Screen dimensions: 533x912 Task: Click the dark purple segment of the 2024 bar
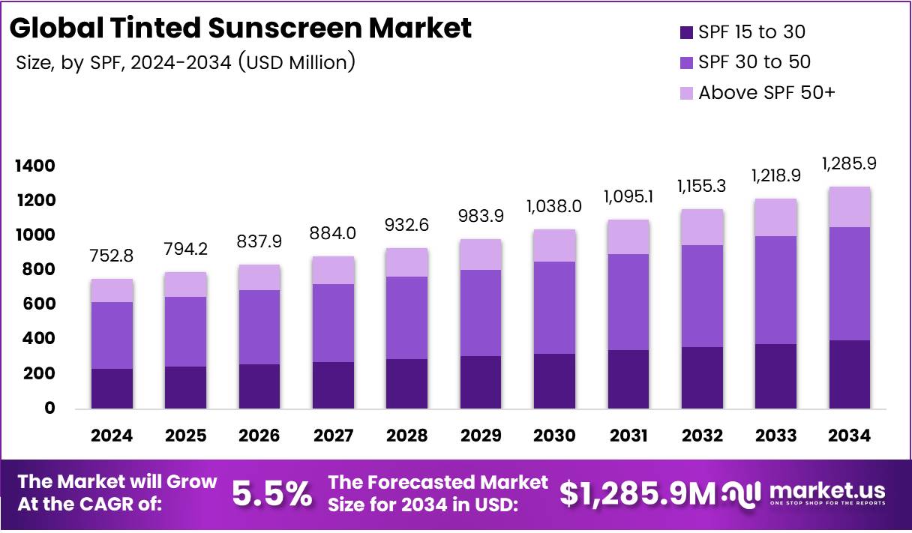[112, 388]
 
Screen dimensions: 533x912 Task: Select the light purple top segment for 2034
[850, 207]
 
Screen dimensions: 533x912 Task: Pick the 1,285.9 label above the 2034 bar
[850, 163]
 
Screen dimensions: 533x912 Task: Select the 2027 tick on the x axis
[334, 436]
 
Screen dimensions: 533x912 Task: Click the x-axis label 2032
[703, 436]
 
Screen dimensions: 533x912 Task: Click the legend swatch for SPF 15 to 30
[686, 32]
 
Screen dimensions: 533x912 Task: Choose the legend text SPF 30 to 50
[754, 62]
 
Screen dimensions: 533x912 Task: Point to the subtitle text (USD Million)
[297, 62]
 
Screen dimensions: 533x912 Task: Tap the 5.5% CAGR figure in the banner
[271, 493]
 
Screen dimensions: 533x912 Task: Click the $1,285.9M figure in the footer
[637, 493]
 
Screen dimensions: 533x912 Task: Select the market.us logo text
[826, 490]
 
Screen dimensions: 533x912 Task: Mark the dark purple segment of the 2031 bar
[628, 379]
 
